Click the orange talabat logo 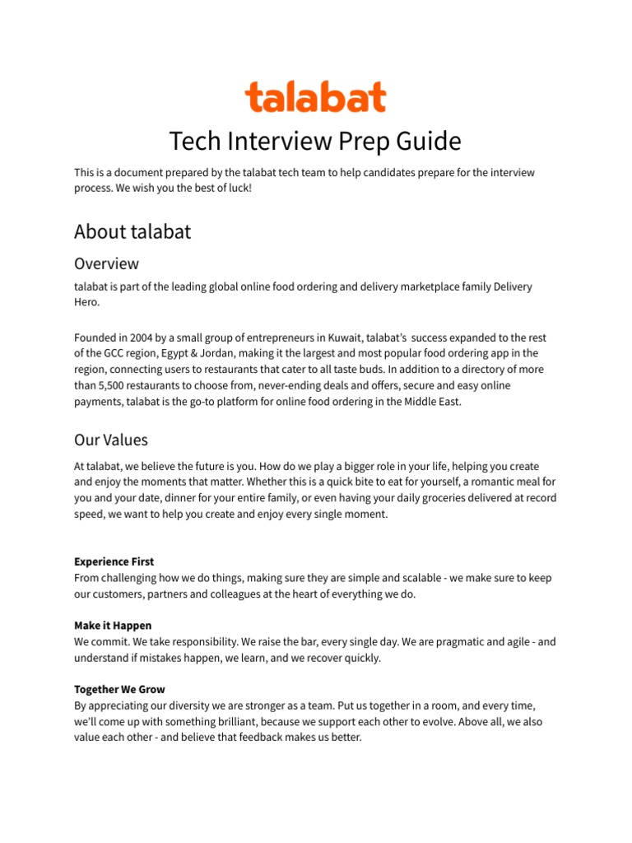click(x=315, y=97)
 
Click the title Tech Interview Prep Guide click(x=315, y=142)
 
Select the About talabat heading click(x=132, y=232)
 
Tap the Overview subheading click(x=106, y=263)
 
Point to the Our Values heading click(x=111, y=440)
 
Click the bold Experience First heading click(x=114, y=561)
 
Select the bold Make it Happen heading click(x=113, y=626)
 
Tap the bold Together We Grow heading click(x=119, y=689)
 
